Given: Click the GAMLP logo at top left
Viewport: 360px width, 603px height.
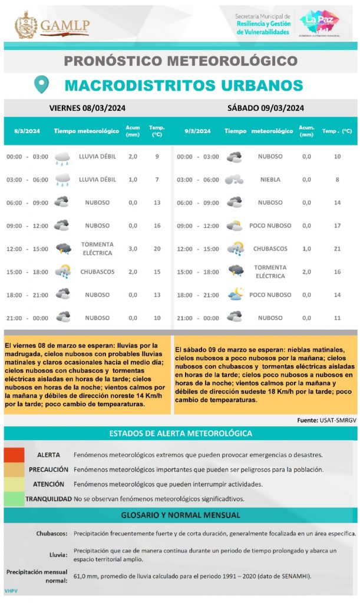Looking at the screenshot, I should (x=52, y=25).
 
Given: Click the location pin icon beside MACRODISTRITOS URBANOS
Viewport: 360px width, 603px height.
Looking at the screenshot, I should (x=41, y=85).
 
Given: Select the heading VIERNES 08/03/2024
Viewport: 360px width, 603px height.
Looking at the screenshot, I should (x=87, y=108).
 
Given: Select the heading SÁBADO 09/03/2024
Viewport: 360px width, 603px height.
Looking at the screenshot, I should (x=265, y=108).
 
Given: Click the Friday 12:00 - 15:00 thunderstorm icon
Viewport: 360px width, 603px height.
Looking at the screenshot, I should (x=62, y=249).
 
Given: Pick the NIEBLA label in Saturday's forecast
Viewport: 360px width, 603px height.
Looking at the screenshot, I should (x=270, y=180).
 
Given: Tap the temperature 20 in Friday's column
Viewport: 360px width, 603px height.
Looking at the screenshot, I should (x=157, y=249).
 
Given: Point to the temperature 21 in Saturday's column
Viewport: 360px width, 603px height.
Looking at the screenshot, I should (x=337, y=249).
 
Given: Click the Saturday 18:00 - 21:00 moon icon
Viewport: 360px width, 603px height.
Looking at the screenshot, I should (x=235, y=294).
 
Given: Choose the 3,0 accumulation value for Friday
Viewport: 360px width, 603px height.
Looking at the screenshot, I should (x=133, y=249).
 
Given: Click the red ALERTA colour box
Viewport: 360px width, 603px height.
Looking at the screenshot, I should (x=14, y=455).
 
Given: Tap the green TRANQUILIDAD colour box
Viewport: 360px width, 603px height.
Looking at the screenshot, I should (x=14, y=499).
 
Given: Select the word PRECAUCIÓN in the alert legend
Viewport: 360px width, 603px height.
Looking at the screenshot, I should (x=48, y=469).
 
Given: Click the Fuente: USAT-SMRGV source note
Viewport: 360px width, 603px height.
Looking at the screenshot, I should (x=326, y=420).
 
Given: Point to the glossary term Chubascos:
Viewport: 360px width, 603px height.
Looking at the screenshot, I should (x=52, y=534).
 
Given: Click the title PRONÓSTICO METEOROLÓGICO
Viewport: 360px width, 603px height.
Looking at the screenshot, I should (x=180, y=60).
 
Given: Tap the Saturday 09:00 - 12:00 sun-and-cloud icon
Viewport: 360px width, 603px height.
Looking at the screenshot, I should (x=235, y=226).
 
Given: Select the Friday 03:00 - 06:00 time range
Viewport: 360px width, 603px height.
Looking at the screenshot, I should (x=27, y=180).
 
